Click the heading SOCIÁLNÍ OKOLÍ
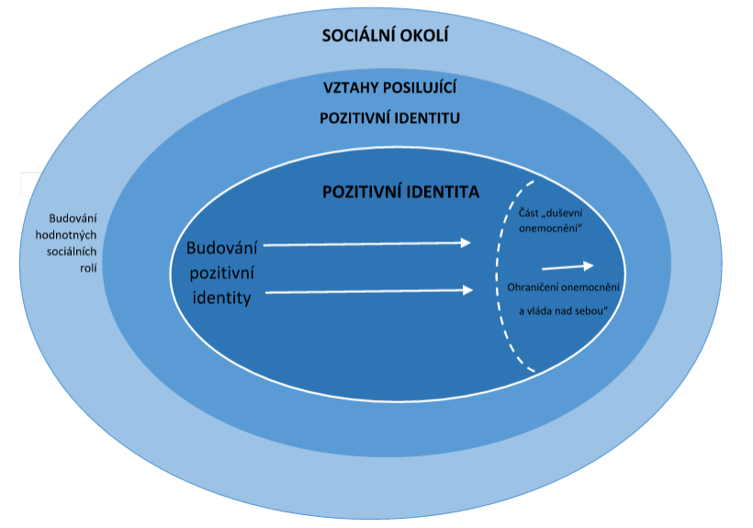(389, 38)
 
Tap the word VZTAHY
(350, 87)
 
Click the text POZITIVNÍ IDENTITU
(389, 118)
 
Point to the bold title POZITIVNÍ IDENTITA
(400, 193)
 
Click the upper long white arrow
(366, 243)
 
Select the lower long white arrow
(368, 291)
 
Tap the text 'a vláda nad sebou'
(565, 310)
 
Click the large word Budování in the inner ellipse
(223, 248)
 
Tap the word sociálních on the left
(77, 252)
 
